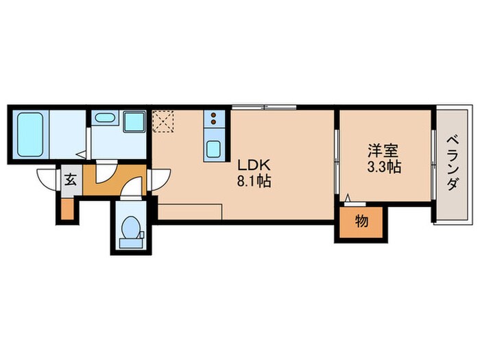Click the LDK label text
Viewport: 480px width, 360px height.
click(255, 165)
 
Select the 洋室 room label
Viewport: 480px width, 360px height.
click(383, 150)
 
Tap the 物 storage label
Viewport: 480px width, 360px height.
click(361, 222)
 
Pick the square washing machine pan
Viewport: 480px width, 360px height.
click(132, 121)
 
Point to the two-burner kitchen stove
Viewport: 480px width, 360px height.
click(214, 121)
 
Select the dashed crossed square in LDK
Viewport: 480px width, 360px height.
click(165, 122)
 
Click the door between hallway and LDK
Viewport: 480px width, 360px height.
click(154, 180)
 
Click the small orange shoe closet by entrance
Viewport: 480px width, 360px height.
click(67, 208)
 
